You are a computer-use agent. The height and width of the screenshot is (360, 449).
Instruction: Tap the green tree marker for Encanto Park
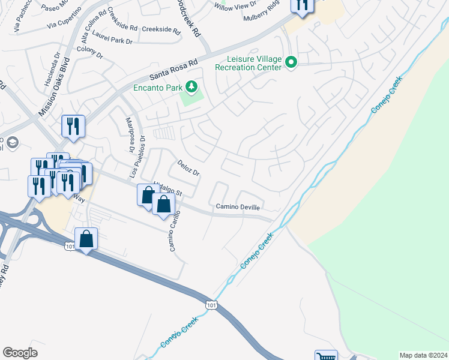[191, 88]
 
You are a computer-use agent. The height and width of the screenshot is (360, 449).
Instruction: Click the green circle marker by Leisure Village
[292, 62]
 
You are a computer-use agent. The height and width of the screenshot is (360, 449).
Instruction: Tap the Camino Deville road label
[238, 207]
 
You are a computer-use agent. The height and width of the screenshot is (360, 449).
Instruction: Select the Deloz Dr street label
[187, 168]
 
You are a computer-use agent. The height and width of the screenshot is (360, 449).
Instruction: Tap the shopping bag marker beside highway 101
[86, 239]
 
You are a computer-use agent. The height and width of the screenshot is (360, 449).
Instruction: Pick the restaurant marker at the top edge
[302, 5]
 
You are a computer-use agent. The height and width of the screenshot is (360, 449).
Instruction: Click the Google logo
[20, 352]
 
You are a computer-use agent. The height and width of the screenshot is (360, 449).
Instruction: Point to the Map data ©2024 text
[423, 355]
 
